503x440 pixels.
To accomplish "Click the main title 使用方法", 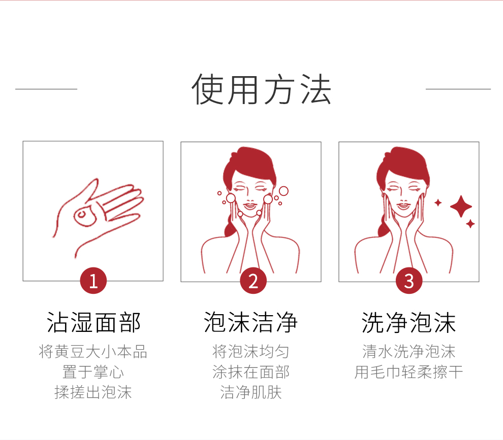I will click(x=261, y=90).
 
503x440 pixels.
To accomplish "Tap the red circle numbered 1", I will click(x=93, y=281).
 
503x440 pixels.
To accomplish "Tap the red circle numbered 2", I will click(x=253, y=281).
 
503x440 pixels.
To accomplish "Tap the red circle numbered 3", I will click(x=409, y=281).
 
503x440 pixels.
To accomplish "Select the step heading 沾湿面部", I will click(x=93, y=322).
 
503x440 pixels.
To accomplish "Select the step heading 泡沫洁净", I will click(x=251, y=322).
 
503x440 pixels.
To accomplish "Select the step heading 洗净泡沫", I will click(x=409, y=322).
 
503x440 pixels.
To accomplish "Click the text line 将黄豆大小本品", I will click(x=93, y=351).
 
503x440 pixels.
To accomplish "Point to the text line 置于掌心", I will click(x=93, y=372).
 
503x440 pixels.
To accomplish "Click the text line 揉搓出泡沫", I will click(x=93, y=392).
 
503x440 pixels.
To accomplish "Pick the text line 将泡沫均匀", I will click(x=251, y=351).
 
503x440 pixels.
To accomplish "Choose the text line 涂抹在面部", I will click(x=251, y=372).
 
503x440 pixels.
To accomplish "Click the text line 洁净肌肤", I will click(x=251, y=392).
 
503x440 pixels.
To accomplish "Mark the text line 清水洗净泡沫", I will click(x=409, y=351).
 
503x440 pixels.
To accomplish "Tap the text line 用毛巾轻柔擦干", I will click(x=409, y=372).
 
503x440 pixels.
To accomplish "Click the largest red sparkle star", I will click(x=461, y=206).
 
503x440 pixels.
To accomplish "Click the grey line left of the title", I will click(x=46, y=89).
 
